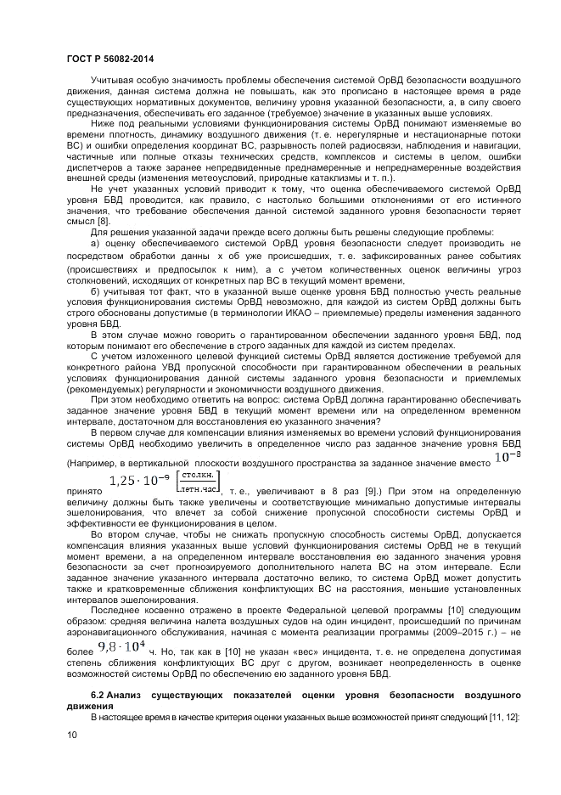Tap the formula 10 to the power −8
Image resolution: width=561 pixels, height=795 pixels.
(x=502, y=459)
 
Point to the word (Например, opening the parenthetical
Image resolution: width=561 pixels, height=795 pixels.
(x=90, y=464)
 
